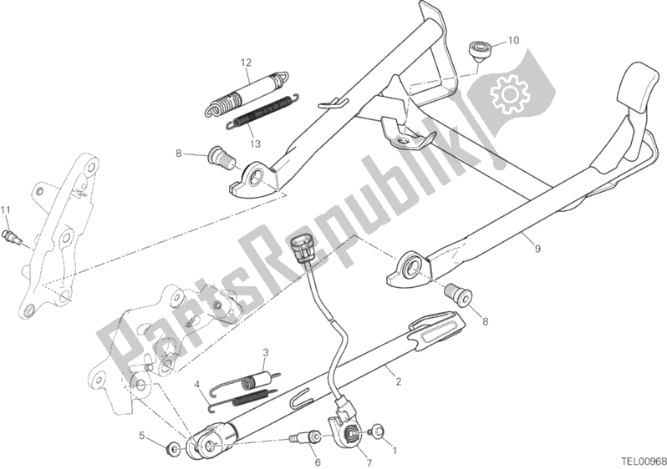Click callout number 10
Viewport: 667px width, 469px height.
click(512, 39)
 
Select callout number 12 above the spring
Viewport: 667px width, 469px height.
click(247, 63)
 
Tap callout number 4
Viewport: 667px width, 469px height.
click(197, 385)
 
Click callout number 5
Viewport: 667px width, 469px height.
click(143, 435)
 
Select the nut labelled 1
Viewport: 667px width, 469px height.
click(375, 432)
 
